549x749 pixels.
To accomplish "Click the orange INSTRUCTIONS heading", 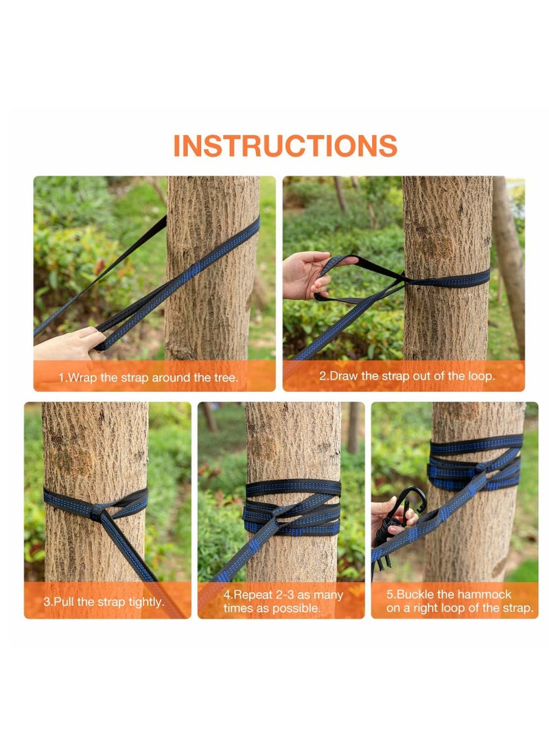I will [285, 146].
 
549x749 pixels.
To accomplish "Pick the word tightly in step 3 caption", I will [143, 601].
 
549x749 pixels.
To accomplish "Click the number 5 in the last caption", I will [390, 595].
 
